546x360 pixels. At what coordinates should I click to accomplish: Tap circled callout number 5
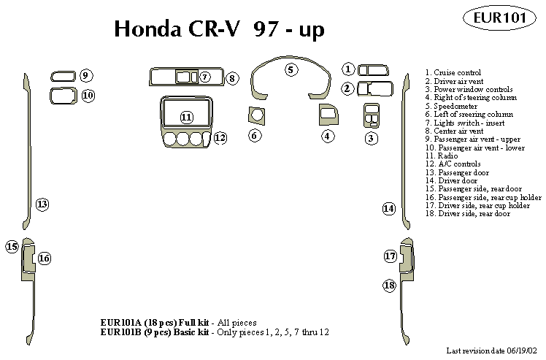pos(291,70)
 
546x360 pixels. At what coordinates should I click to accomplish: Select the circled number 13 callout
pos(42,204)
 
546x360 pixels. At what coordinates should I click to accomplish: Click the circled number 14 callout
pos(388,209)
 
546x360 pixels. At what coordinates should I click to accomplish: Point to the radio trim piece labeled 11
pos(186,117)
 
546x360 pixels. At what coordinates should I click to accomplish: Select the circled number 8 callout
pos(231,77)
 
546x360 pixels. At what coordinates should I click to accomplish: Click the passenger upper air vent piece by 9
pos(62,75)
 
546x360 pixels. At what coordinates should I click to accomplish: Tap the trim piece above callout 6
pos(256,115)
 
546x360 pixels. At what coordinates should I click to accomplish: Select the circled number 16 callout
pos(44,258)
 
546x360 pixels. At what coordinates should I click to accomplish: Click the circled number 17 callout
pos(390,256)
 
